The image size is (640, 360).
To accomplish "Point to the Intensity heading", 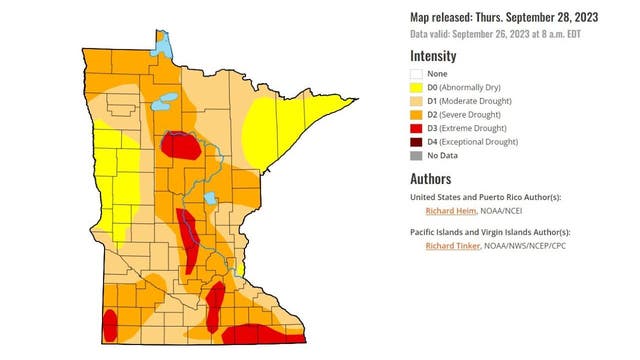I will [x=433, y=56].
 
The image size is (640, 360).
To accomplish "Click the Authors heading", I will [x=430, y=179].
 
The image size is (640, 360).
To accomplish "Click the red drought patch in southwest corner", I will [x=110, y=324].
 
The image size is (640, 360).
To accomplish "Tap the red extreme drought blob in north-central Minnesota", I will [x=179, y=147].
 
